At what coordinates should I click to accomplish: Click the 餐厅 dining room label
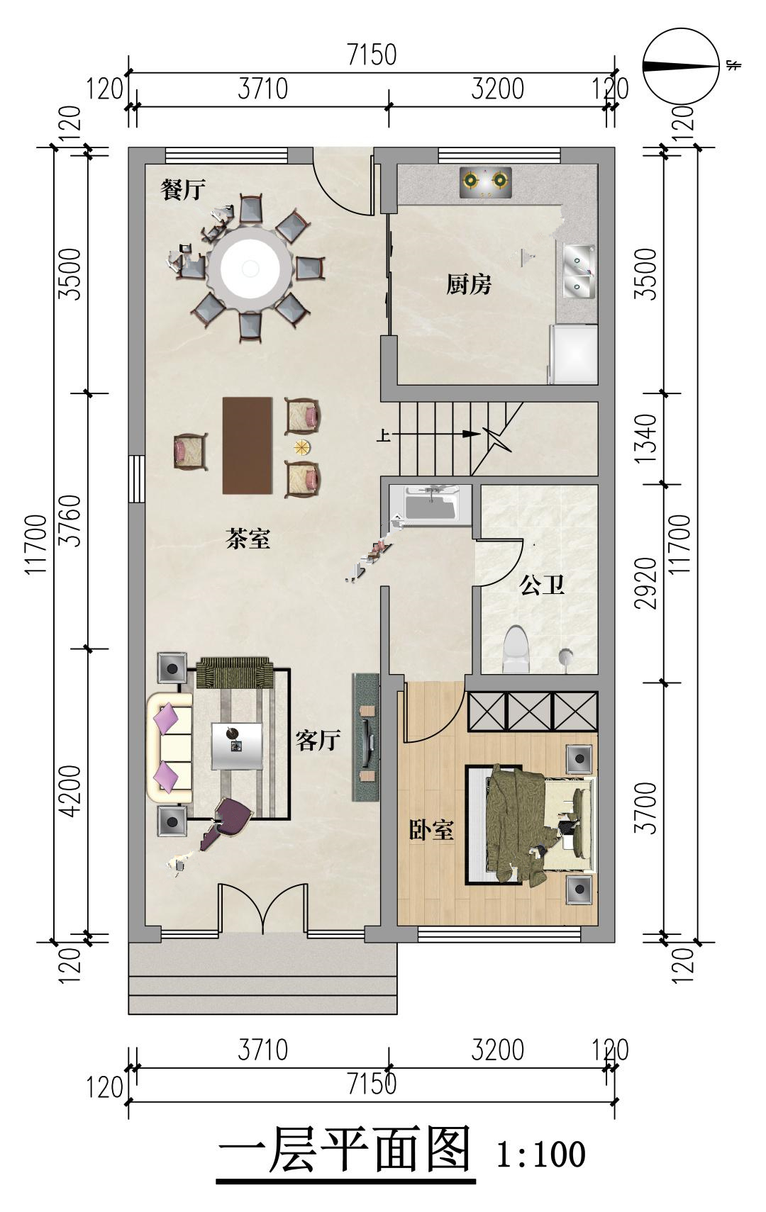pyautogui.click(x=183, y=190)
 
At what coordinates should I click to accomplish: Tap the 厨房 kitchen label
pyautogui.click(x=469, y=284)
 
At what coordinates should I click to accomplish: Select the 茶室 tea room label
pyautogui.click(x=248, y=539)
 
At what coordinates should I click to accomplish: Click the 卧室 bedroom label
pyautogui.click(x=431, y=829)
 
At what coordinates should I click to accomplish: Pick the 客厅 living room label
pyautogui.click(x=318, y=740)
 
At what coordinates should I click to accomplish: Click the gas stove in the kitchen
pyautogui.click(x=486, y=183)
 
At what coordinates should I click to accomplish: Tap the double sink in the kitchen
pyautogui.click(x=579, y=271)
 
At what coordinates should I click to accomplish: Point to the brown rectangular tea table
pyautogui.click(x=248, y=445)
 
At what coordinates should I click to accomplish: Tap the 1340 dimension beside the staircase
pyautogui.click(x=646, y=439)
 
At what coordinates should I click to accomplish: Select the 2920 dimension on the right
pyautogui.click(x=646, y=583)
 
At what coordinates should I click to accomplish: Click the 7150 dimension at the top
pyautogui.click(x=372, y=55)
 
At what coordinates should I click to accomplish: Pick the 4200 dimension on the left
pyautogui.click(x=70, y=791)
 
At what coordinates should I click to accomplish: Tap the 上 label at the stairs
pyautogui.click(x=383, y=434)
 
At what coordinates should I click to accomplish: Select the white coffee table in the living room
pyautogui.click(x=237, y=746)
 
